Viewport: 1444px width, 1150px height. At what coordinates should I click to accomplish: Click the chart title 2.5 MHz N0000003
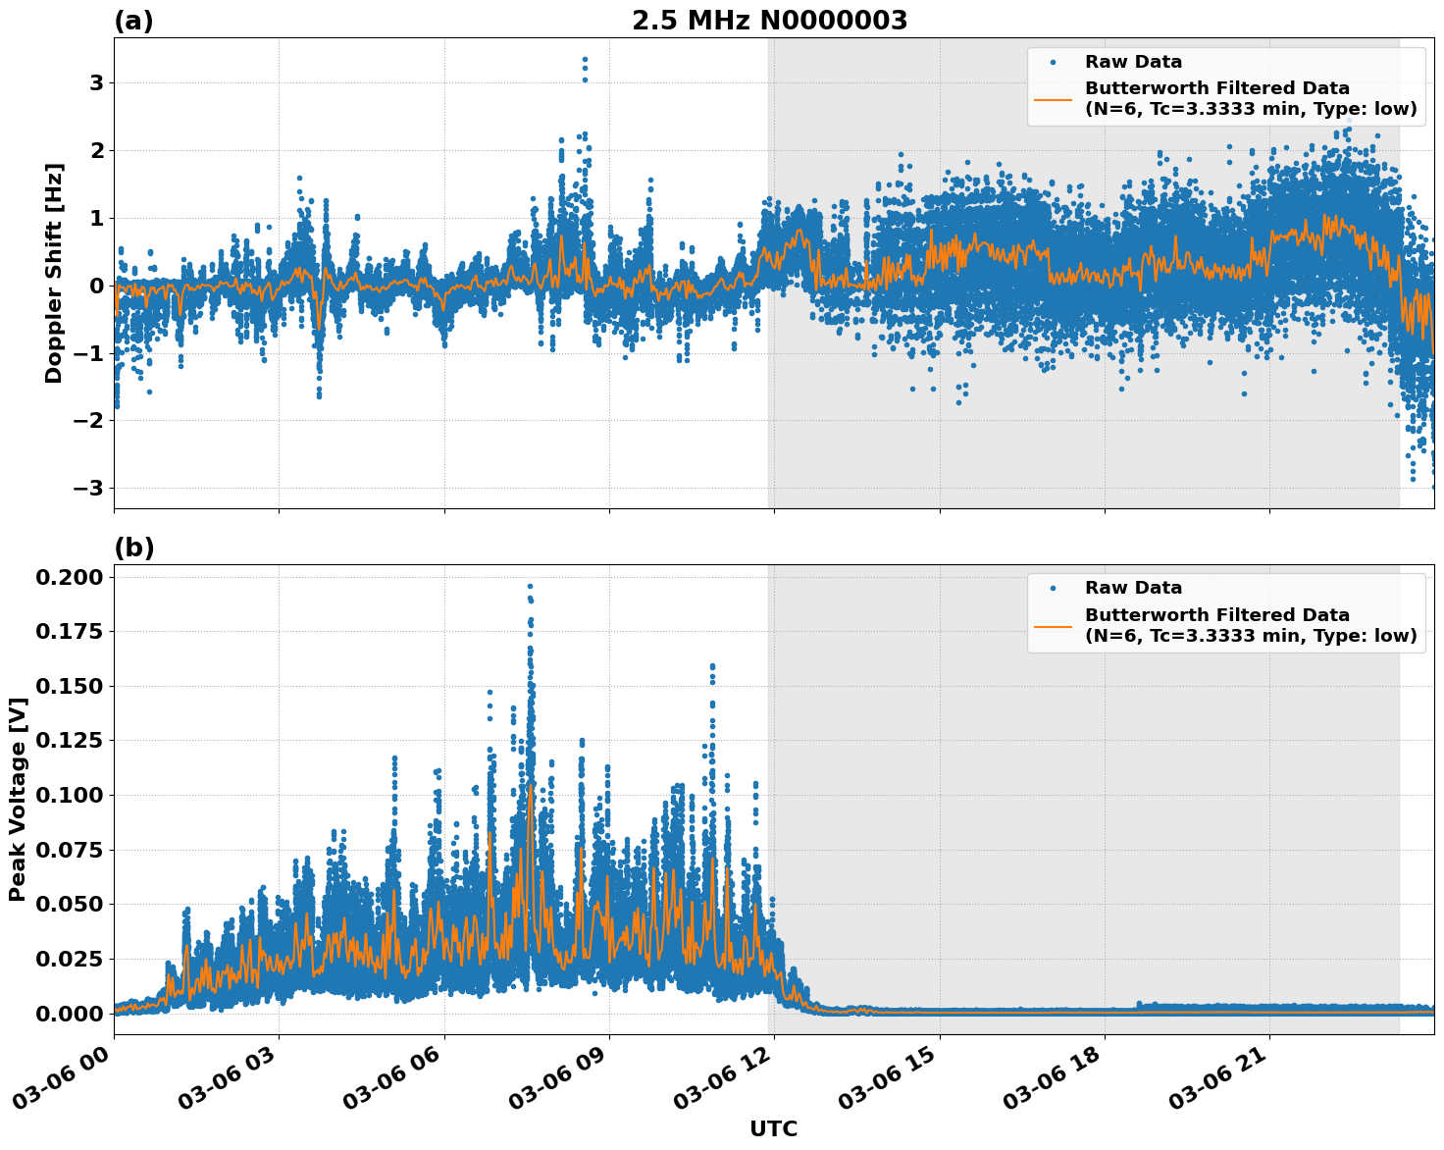769,21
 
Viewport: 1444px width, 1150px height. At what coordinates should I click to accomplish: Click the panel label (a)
133,21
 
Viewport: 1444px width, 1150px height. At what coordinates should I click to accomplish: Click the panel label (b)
133,548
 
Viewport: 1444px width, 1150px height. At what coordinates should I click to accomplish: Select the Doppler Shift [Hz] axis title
54,273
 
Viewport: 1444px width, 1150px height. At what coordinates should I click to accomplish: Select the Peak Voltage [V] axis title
17,799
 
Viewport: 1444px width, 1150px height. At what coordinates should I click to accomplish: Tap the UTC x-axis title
773,1128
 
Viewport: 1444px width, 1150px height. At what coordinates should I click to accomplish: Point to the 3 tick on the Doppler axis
96,82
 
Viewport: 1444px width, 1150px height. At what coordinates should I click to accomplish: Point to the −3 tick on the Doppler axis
89,488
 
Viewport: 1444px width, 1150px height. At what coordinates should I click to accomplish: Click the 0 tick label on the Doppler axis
96,286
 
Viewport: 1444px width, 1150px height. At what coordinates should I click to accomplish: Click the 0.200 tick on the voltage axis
69,577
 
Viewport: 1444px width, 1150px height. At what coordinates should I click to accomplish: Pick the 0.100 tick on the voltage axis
69,795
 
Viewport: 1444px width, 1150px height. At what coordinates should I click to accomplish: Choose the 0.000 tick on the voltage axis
69,1013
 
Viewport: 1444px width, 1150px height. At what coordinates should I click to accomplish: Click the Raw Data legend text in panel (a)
1133,62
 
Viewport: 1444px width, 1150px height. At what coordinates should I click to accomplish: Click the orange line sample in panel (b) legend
1053,625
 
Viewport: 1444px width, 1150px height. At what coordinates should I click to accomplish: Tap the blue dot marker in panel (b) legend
1053,588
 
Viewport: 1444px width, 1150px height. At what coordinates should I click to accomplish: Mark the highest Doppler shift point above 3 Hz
585,60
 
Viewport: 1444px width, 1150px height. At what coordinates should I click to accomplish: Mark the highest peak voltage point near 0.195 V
530,586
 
